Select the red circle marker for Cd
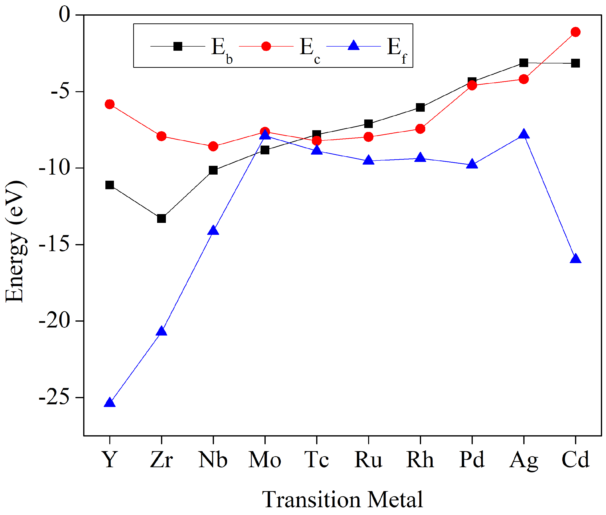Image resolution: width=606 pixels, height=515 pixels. tap(575, 32)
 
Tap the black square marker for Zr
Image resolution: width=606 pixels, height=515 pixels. tap(162, 218)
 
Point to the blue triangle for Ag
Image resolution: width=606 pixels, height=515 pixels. tap(523, 134)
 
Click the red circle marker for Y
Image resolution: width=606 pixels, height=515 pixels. tap(110, 104)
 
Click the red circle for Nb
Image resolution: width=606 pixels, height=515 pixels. tap(213, 146)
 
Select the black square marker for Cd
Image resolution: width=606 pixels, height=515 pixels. tap(575, 63)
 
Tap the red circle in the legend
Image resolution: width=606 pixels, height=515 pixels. tap(266, 46)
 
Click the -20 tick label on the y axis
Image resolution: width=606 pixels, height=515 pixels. tap(55, 321)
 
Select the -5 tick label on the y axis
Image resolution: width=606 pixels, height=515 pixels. tap(61, 92)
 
